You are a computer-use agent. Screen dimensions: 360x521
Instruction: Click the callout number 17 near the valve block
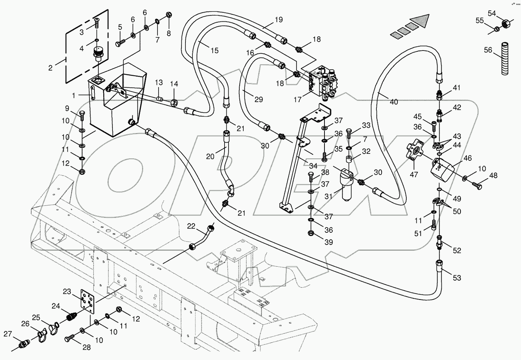298,99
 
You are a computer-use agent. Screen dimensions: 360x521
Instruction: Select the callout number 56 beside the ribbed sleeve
488,50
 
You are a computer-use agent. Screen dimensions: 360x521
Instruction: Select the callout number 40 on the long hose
394,102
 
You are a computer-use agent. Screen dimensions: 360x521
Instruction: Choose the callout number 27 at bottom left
8,334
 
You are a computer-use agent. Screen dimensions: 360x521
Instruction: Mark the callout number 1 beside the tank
74,96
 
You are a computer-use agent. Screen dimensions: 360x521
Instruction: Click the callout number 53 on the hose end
457,278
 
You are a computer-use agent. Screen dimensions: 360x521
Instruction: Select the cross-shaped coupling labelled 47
415,150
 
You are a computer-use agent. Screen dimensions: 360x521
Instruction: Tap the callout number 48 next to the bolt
493,176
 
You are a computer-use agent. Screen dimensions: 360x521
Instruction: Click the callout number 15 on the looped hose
214,50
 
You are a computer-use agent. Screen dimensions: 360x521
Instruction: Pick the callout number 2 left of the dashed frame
51,67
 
